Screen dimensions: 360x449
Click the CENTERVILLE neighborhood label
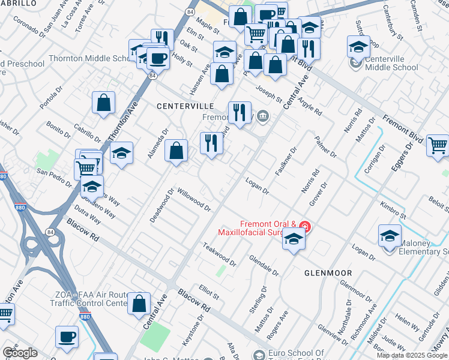185,106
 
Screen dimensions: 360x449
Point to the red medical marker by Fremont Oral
305,226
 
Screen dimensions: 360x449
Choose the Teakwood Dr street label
219,255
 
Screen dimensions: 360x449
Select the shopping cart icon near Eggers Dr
438,145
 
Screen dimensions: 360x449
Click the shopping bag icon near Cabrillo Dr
104,102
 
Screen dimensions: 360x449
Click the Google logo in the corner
19,353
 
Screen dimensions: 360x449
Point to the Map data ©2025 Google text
412,355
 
